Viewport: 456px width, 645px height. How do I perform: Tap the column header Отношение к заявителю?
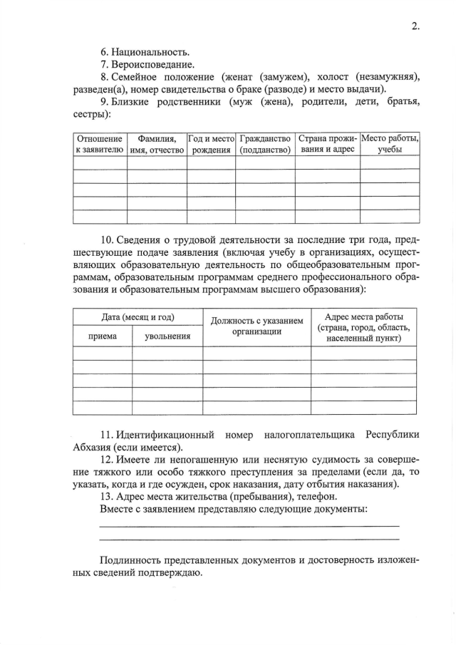pos(100,144)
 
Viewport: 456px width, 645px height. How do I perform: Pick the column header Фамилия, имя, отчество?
pos(157,144)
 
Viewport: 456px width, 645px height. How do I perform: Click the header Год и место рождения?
pos(211,144)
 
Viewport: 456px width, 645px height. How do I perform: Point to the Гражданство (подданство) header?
pos(266,144)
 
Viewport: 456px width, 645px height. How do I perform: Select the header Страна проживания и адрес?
pos(327,144)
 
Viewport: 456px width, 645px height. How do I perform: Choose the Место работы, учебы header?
pos(390,144)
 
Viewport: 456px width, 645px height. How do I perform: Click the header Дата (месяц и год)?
pos(138,316)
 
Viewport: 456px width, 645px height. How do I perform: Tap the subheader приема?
pos(103,336)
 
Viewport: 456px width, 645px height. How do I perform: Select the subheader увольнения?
pos(167,336)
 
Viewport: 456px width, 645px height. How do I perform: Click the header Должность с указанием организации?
pos(257,326)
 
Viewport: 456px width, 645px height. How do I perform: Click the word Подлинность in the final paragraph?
pos(130,559)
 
